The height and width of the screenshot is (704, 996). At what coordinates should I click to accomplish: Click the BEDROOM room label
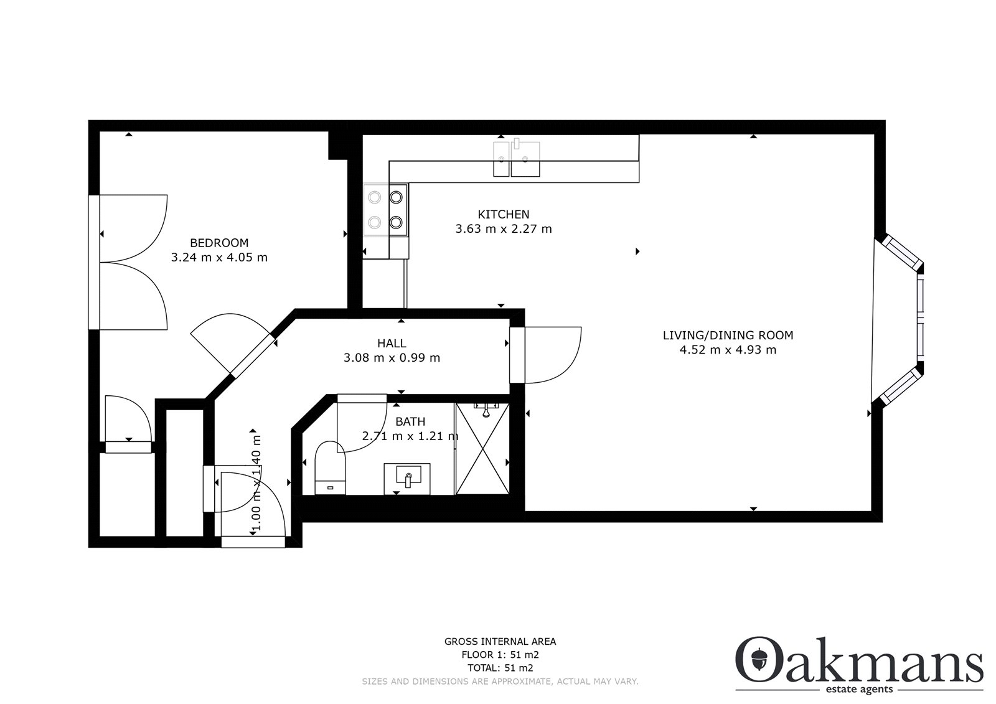click(x=219, y=243)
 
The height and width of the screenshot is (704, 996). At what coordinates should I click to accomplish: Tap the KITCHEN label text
click(x=504, y=214)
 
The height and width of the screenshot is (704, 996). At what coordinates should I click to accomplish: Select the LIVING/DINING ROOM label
click(x=728, y=336)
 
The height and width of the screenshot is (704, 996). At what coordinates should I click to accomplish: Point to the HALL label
click(x=392, y=344)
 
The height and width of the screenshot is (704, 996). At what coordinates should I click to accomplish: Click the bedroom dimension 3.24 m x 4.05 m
click(x=219, y=258)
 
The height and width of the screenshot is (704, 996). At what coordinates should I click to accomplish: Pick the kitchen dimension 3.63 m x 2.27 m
click(x=504, y=229)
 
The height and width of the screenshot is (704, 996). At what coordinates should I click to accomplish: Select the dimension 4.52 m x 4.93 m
click(x=728, y=350)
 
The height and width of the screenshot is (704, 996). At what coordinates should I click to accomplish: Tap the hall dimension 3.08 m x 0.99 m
click(x=392, y=358)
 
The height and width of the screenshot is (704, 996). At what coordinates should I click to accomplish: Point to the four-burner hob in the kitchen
click(x=385, y=210)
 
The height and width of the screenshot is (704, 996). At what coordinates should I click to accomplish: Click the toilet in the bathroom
click(x=330, y=468)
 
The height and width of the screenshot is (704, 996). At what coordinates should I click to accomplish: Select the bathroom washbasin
click(x=407, y=479)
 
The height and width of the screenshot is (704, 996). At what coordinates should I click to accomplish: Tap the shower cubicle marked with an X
click(x=482, y=449)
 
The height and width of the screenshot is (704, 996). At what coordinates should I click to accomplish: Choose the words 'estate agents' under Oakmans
click(x=859, y=690)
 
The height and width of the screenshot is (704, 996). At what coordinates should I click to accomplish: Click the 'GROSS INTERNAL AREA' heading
click(x=500, y=642)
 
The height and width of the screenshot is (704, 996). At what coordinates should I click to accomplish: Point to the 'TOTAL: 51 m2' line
click(x=500, y=668)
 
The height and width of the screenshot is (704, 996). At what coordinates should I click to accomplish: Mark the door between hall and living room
click(x=545, y=355)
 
